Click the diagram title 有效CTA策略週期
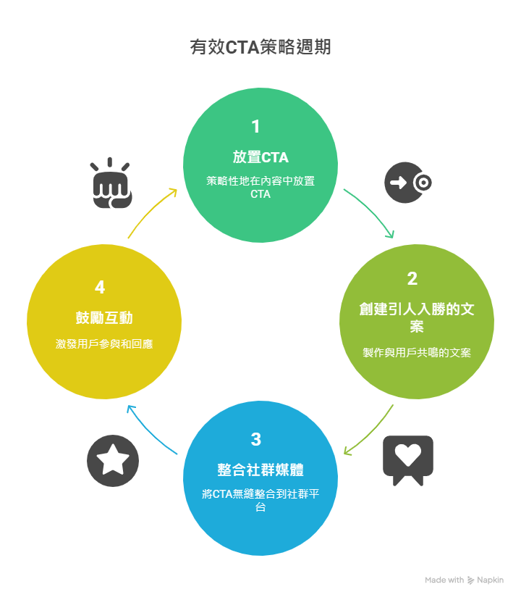(x=260, y=48)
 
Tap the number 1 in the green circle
(x=255, y=127)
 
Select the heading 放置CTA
(x=260, y=157)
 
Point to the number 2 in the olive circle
(x=412, y=279)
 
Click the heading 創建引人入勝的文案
(x=416, y=317)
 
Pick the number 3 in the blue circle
(x=255, y=440)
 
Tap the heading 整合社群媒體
(x=260, y=469)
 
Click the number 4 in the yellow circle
(x=100, y=288)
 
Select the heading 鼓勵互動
(x=103, y=317)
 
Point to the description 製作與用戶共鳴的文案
(x=416, y=353)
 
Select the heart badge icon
(x=408, y=458)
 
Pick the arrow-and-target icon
(x=408, y=183)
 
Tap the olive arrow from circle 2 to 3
(x=370, y=433)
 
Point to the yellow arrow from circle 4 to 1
(x=151, y=211)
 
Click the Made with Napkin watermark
(x=464, y=580)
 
